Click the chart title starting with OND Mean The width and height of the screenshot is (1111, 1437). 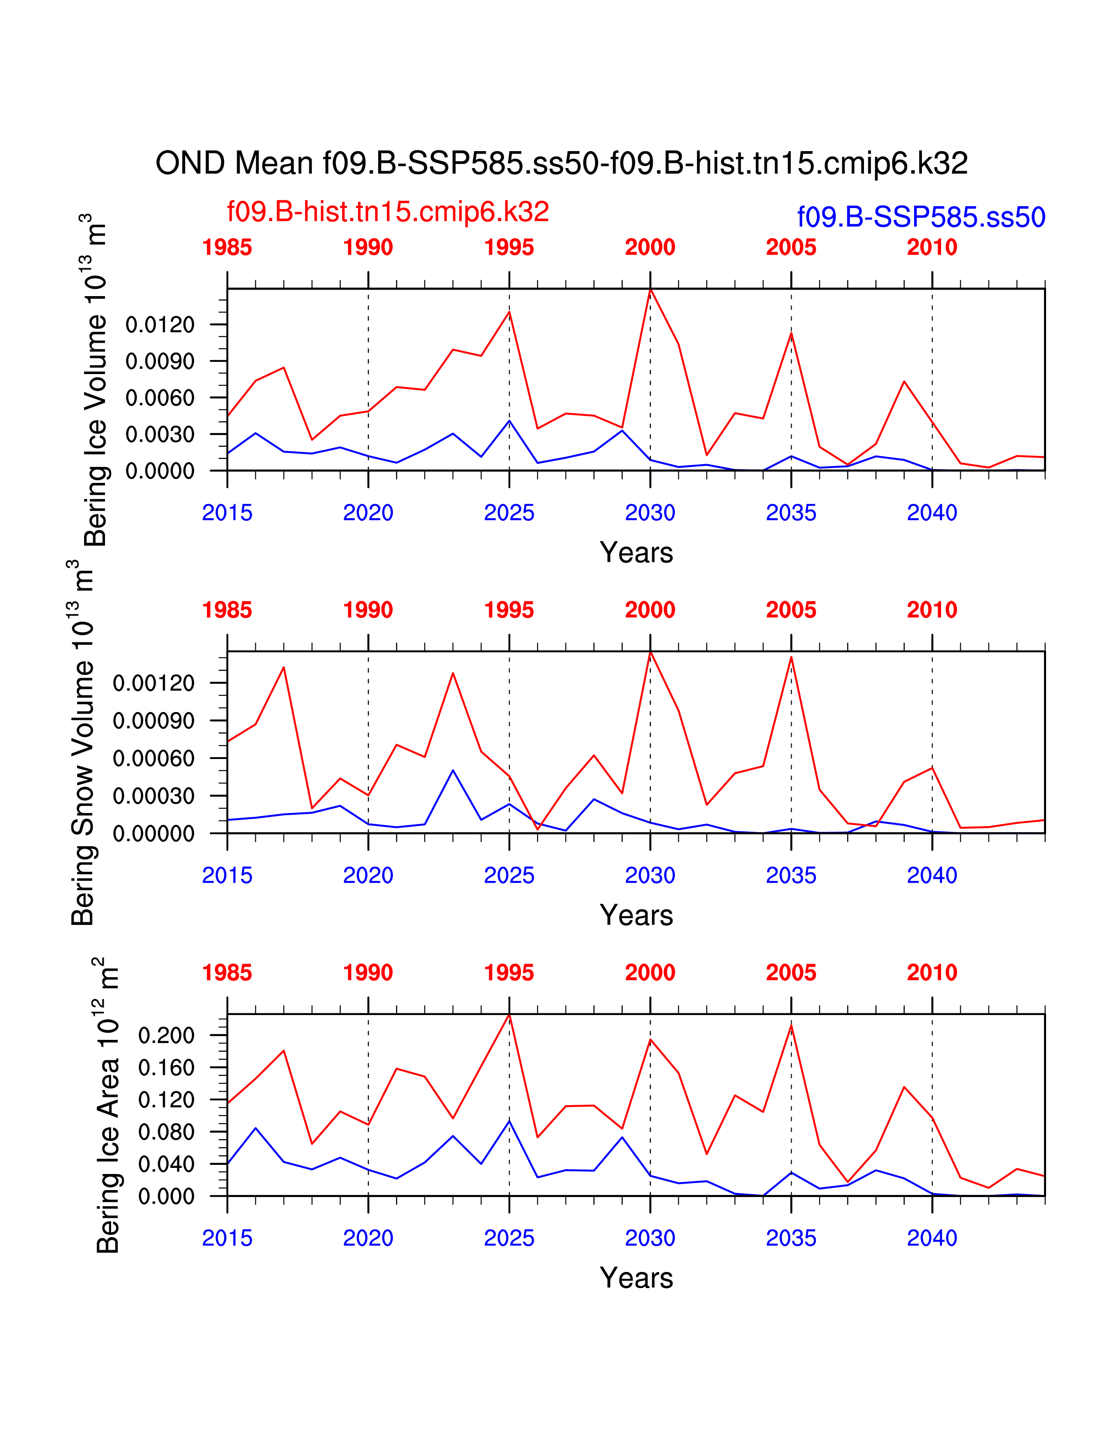point(562,163)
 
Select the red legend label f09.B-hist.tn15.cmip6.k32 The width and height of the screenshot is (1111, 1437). point(388,212)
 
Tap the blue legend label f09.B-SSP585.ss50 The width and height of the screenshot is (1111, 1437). point(921,217)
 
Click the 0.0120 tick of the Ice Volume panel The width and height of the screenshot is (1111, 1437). point(160,324)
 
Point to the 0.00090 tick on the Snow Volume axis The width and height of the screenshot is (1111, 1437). point(153,721)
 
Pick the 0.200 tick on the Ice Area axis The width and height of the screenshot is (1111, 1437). point(166,1035)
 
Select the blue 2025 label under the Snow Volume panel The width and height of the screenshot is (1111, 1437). point(509,875)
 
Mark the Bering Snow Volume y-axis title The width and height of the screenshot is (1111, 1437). point(82,743)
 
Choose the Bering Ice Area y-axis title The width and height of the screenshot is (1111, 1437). point(107,1105)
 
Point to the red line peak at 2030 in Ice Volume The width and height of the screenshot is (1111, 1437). point(650,290)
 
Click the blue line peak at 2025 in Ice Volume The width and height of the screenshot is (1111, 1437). point(509,421)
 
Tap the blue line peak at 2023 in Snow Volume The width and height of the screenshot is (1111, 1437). point(453,770)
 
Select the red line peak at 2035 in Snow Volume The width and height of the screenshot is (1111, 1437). point(791,657)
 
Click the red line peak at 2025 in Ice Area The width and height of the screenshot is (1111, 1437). point(509,1015)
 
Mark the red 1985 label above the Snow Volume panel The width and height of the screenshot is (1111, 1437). point(227,610)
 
